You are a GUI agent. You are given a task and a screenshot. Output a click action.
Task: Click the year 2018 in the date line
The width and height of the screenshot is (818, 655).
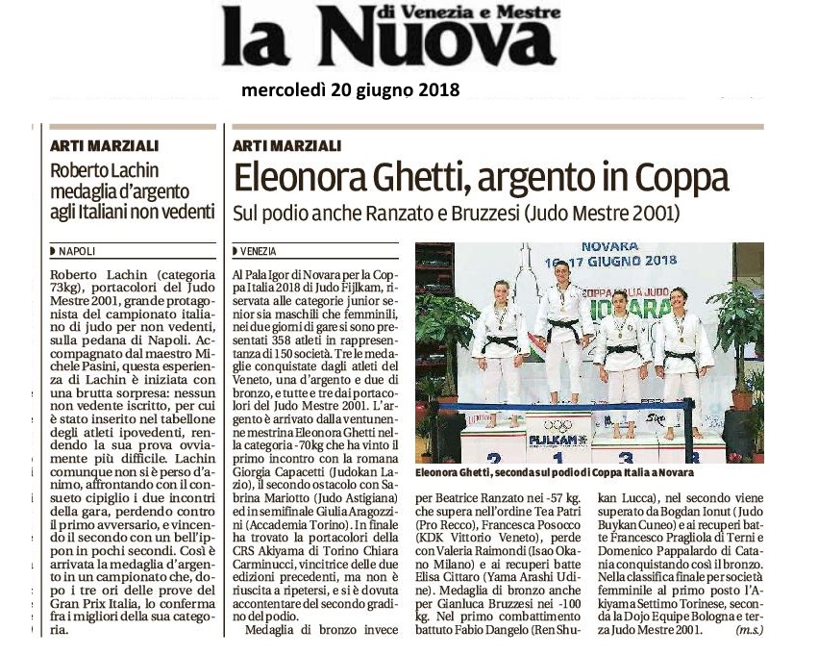coord(432,90)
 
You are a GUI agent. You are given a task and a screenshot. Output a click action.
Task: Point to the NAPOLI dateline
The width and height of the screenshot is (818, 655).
coord(77,251)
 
